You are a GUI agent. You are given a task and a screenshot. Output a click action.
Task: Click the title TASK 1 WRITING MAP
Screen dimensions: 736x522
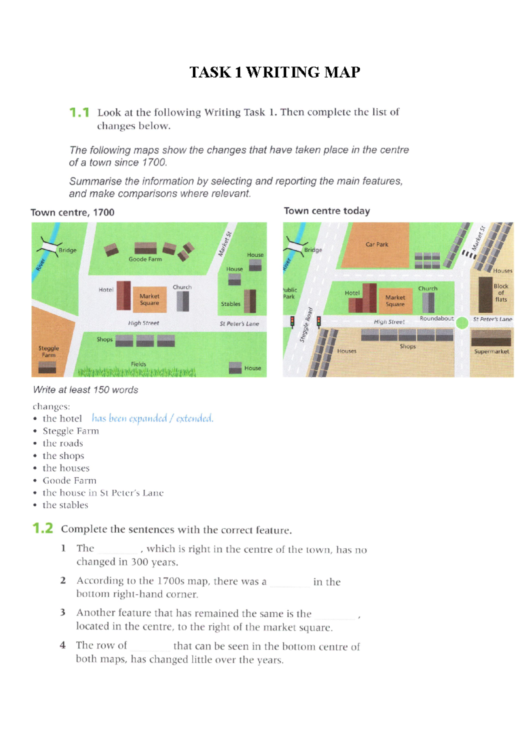(274, 72)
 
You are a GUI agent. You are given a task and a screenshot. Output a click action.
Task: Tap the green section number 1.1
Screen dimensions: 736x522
(79, 113)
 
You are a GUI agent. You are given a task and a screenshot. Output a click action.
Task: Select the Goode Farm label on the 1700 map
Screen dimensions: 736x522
(145, 259)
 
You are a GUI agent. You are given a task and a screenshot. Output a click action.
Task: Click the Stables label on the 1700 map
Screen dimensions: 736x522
(230, 304)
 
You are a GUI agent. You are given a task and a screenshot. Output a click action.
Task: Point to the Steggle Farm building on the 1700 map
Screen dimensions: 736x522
(47, 368)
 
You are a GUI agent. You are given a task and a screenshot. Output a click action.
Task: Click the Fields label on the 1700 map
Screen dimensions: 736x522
(138, 364)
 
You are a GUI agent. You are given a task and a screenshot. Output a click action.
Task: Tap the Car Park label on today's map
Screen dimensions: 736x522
(377, 245)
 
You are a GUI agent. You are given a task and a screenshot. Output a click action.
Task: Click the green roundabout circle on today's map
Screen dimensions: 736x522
(462, 322)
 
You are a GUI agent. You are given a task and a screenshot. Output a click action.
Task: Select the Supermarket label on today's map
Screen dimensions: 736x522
(492, 351)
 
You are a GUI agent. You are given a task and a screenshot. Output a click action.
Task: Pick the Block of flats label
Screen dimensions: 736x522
(501, 293)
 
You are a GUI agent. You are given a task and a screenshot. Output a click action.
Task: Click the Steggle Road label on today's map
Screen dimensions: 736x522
(305, 325)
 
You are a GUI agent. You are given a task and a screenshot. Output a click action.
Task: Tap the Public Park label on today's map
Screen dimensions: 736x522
(289, 293)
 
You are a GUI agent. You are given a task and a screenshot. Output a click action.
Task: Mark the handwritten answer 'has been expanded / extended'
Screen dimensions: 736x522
(152, 418)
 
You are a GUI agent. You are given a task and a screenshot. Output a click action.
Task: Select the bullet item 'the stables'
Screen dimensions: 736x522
(65, 505)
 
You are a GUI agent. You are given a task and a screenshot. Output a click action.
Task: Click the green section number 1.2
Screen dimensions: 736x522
(43, 528)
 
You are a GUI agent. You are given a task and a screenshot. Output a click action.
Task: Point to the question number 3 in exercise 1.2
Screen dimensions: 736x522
(63, 613)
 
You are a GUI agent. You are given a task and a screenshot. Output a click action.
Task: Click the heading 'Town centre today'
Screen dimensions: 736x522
(327, 211)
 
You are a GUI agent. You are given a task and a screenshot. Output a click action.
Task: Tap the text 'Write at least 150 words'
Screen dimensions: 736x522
(86, 390)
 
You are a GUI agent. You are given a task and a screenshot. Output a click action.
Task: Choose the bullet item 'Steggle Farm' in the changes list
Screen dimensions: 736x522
(70, 431)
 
